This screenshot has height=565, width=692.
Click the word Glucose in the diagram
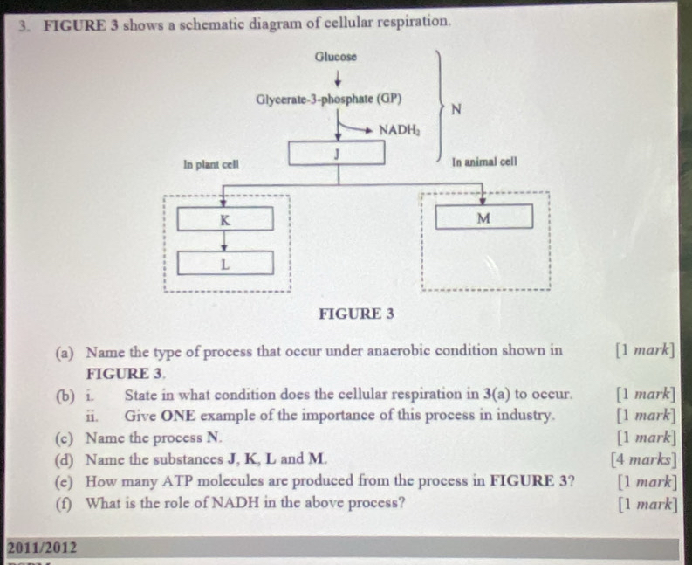(336, 57)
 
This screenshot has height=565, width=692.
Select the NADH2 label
(400, 130)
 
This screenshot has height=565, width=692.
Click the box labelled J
(336, 153)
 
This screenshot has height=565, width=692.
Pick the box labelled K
(224, 218)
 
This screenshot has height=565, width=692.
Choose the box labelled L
(224, 262)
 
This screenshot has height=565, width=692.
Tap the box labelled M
(483, 217)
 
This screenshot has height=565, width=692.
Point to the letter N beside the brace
(456, 109)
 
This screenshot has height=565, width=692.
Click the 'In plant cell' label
(211, 164)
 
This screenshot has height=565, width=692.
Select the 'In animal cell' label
(484, 162)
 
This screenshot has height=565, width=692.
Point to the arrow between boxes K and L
(224, 240)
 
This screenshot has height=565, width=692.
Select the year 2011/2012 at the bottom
(41, 548)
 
